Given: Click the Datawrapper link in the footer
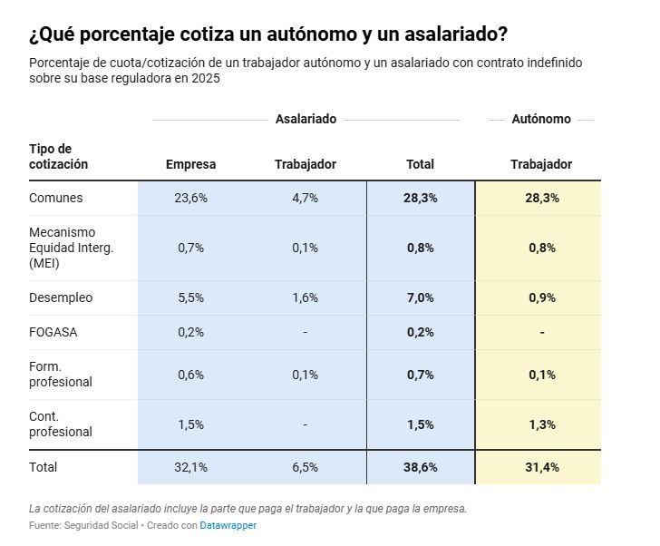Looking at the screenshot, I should pos(228,525).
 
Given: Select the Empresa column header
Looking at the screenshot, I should pos(190,164).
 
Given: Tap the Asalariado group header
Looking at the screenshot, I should pos(306,119).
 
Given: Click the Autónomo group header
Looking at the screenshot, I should pos(541,119).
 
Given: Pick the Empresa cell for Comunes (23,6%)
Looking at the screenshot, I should pos(190,198).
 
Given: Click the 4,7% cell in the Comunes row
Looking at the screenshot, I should pos(305,198).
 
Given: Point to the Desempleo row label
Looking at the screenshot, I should pos(61,297).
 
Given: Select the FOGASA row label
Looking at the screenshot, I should pos(53,332).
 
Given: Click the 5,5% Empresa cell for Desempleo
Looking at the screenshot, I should pos(190,297).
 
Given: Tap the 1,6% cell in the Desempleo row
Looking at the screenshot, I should pos(305,297).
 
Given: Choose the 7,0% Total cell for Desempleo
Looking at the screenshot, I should pos(420,297).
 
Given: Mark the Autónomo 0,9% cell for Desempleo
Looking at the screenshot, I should pos(541,297).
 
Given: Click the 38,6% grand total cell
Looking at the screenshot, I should pos(420,467).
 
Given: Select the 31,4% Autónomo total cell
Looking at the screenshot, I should pos(541,467).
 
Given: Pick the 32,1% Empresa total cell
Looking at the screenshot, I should pos(190,467).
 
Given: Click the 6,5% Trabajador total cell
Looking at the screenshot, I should pos(305,467).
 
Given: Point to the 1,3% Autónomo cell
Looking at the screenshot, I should pos(541,424).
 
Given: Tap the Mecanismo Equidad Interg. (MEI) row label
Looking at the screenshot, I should pos(71,248).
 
